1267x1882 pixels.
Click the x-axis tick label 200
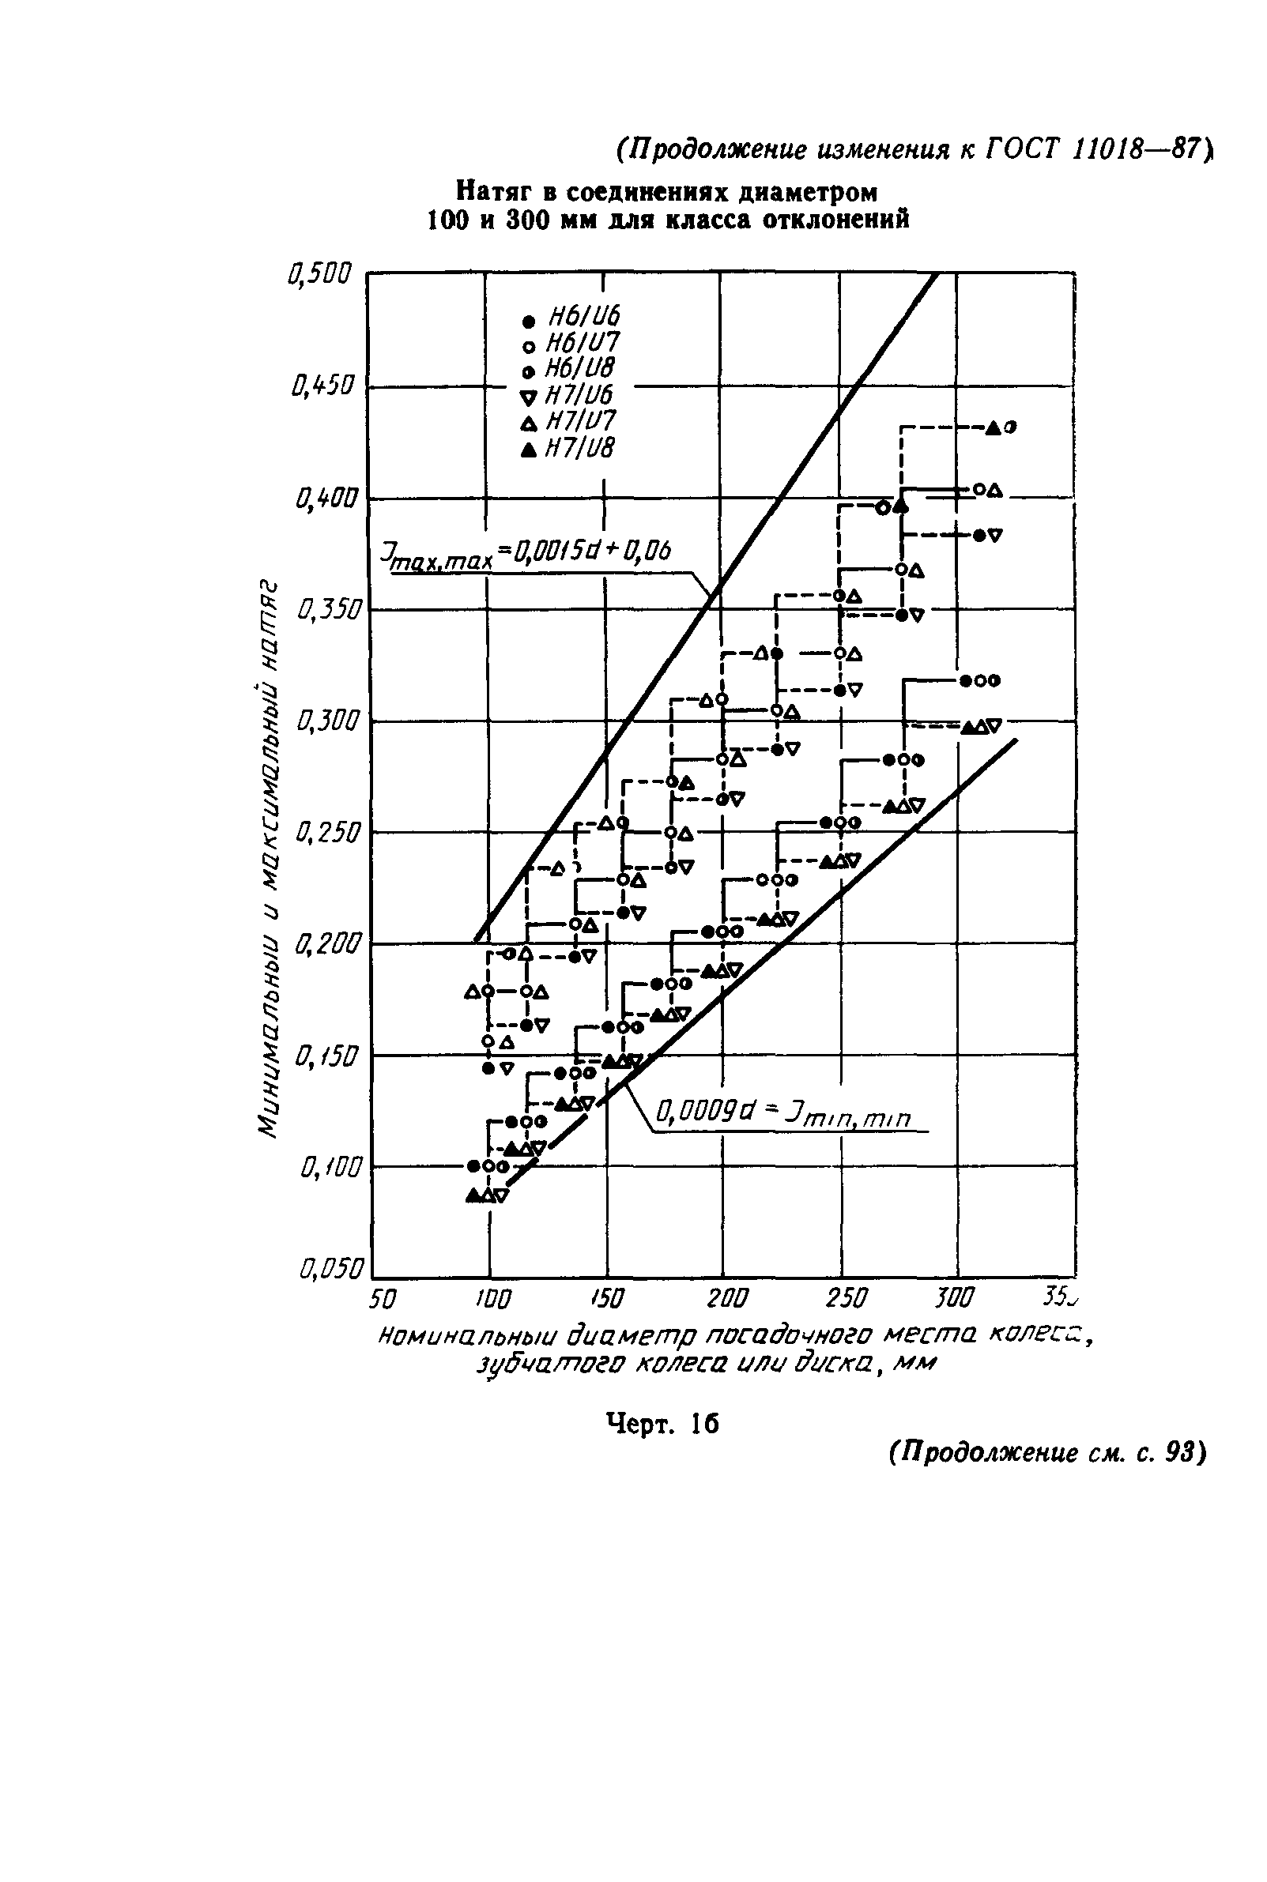tap(727, 1299)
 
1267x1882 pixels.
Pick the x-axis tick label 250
tap(846, 1299)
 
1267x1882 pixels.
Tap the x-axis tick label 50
tap(383, 1299)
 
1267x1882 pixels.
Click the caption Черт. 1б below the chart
tap(662, 1424)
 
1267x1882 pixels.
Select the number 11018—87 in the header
tap(1139, 149)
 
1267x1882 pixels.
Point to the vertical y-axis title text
tap(267, 856)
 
